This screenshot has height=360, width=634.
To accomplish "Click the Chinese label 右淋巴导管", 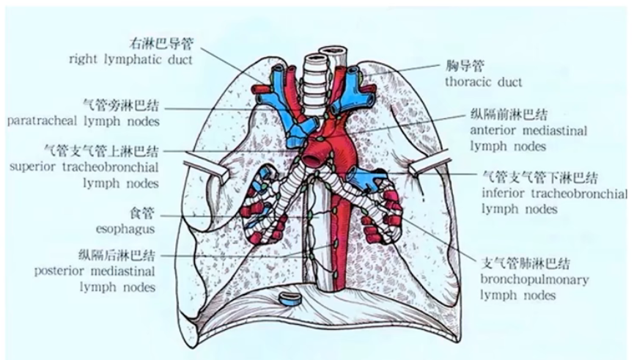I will (x=161, y=43).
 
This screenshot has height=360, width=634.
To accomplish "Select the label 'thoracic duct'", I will (x=483, y=81).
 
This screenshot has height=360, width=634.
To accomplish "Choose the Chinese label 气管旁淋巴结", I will (x=122, y=105).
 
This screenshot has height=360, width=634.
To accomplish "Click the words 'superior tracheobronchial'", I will (x=84, y=167).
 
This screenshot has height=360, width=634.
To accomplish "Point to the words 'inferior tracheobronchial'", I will (x=554, y=194).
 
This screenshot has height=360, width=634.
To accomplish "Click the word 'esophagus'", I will (x=124, y=229).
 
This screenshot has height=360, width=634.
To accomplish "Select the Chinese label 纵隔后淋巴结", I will (x=117, y=255).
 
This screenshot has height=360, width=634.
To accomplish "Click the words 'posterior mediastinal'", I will (x=95, y=271).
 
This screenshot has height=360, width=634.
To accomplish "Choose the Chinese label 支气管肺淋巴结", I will (x=525, y=265).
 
